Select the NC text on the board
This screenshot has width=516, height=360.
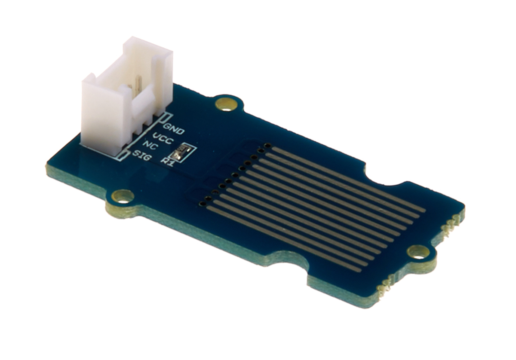click(150, 146)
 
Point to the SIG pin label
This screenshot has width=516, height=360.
click(143, 156)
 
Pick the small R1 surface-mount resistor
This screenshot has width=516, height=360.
click(183, 152)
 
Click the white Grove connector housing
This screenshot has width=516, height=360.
click(127, 99)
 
